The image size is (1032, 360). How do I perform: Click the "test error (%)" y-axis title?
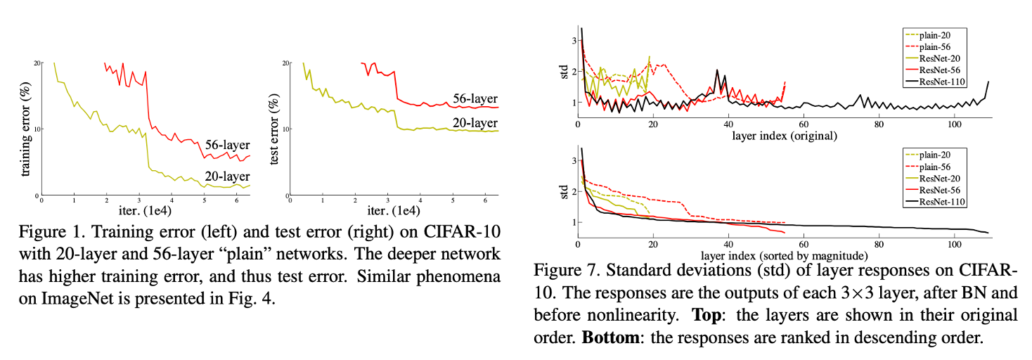(x=275, y=129)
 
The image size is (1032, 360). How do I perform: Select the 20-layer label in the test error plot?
(x=475, y=124)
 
